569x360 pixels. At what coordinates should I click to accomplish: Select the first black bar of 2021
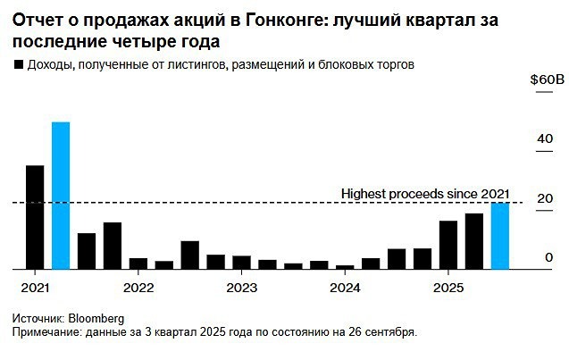[x=35, y=217]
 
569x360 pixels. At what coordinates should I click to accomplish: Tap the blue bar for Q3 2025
[x=501, y=236]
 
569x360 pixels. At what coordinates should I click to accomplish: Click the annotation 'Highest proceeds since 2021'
[x=425, y=193]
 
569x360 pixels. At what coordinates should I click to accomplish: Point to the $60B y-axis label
[x=547, y=80]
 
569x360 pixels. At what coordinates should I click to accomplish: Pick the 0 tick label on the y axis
[x=549, y=257]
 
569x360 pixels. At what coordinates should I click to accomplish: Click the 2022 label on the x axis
[x=138, y=288]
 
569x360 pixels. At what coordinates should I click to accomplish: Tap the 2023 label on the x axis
[x=241, y=288]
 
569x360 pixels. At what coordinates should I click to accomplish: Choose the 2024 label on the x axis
[x=345, y=288]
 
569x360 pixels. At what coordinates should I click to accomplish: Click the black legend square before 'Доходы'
[x=18, y=65]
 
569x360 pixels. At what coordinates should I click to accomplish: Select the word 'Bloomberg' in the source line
[x=96, y=318]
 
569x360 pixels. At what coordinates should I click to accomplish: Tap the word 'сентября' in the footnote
[x=392, y=331]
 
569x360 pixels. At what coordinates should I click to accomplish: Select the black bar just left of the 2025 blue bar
[x=474, y=241]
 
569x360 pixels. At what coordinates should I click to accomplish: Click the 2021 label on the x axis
[x=35, y=288]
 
